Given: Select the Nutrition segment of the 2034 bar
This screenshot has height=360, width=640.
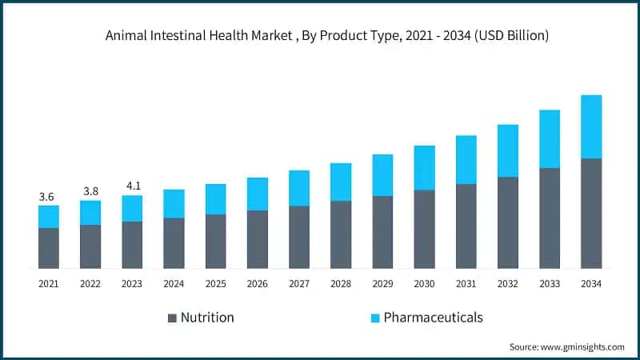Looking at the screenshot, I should click(x=591, y=214).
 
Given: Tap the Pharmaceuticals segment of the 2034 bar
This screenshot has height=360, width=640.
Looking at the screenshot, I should click(x=591, y=126).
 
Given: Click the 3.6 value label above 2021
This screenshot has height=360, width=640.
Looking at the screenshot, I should click(x=49, y=196).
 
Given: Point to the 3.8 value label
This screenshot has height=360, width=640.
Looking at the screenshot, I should click(x=90, y=191).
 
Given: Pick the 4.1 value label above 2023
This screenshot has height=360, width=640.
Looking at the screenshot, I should click(x=132, y=186).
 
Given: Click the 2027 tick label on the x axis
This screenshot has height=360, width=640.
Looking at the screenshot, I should click(x=299, y=283).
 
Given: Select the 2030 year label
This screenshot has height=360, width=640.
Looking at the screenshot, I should click(x=424, y=283).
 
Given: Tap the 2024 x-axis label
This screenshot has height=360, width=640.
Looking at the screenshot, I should click(x=174, y=283).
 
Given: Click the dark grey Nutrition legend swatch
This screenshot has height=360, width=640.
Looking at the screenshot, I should click(x=172, y=318).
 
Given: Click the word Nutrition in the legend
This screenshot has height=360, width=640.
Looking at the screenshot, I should click(x=207, y=318).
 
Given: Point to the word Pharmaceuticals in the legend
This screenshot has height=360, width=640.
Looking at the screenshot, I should click(x=433, y=318).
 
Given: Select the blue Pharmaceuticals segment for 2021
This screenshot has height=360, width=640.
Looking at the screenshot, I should click(x=49, y=217).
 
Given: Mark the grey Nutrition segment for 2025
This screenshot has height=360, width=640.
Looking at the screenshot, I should click(x=215, y=242).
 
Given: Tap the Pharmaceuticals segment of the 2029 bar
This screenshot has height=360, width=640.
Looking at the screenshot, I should click(x=382, y=175).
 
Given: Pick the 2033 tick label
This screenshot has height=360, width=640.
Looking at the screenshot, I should click(x=550, y=283).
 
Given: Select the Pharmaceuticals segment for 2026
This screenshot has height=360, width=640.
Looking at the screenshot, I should click(x=258, y=194).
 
